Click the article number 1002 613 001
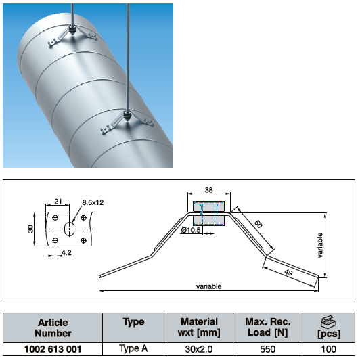click(x=53, y=349)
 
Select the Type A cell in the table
click(x=133, y=348)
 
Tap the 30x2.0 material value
click(x=199, y=349)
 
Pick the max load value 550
click(x=268, y=349)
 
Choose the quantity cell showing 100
click(x=329, y=349)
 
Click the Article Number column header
click(x=53, y=328)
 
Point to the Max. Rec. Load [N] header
click(x=268, y=327)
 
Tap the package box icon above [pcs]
click(x=329, y=322)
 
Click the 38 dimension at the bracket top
click(x=208, y=190)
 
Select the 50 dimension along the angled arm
click(x=258, y=224)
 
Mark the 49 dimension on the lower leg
click(x=288, y=273)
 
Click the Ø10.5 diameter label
click(x=191, y=230)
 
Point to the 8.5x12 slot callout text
click(x=93, y=202)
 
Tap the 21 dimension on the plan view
click(x=58, y=202)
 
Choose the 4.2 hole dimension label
click(x=66, y=252)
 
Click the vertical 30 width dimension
click(x=30, y=229)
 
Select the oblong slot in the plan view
click(x=69, y=229)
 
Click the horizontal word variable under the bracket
click(x=208, y=286)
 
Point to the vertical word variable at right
click(x=320, y=245)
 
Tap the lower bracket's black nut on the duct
click(x=127, y=115)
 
